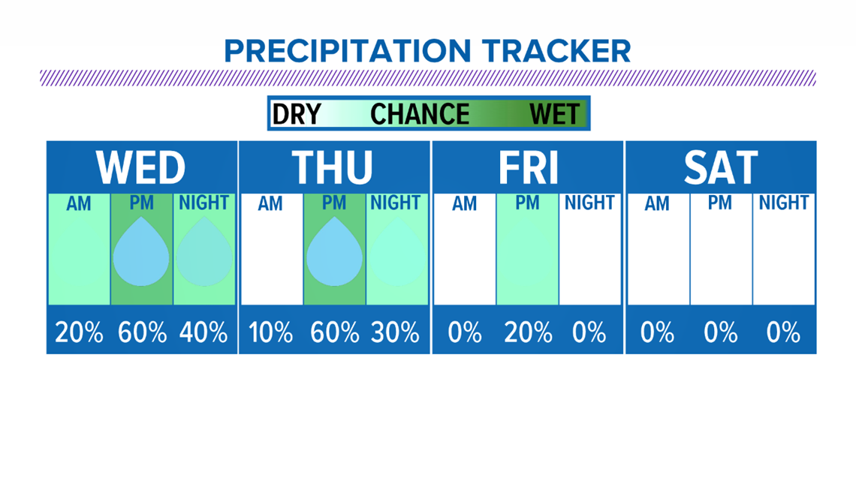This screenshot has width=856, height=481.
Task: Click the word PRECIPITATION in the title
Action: coord(347,51)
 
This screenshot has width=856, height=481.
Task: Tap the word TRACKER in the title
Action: coord(556,51)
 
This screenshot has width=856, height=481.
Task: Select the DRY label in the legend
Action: coord(297,115)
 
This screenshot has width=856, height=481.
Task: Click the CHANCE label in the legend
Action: coord(420,115)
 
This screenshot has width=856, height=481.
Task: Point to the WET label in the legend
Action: coord(554,115)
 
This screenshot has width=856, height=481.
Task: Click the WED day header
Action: coord(141,167)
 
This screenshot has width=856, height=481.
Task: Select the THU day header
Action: coord(332,167)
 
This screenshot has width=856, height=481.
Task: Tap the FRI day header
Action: coord(528,167)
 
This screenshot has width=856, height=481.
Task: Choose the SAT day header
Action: coord(721,167)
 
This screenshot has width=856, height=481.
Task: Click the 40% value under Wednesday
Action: coord(203,332)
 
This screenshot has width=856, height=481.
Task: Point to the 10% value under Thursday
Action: coord(271,332)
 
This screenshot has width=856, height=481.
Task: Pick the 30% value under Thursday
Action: coord(395,332)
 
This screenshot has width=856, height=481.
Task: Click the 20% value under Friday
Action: coord(528,332)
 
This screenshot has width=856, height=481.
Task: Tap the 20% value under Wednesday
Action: coord(79,332)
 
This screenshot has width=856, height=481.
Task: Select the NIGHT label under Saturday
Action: coord(783,203)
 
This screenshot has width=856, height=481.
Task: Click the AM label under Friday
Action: coord(464,203)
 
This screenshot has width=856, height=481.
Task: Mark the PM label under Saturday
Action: coord(719,203)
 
